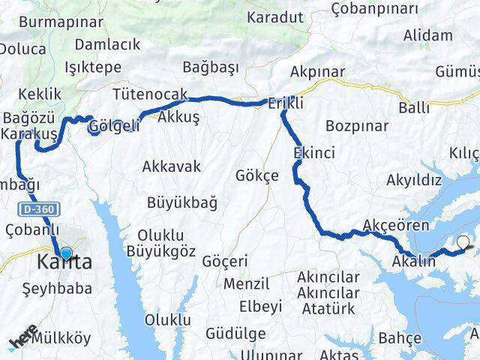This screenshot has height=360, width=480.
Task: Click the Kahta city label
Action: click(65, 264)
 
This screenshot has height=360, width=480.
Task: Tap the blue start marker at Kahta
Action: click(66, 254)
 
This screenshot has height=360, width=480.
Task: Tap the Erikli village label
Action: click(286, 105)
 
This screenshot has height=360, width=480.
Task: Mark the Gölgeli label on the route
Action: click(113, 126)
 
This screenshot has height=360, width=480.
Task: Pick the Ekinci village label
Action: click(315, 152)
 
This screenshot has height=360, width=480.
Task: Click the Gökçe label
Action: click(256, 175)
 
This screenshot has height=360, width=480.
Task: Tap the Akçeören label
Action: click(395, 225)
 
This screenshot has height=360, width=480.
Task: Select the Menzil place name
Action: click(247, 284)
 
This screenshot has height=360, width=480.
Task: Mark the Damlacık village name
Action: click(107, 45)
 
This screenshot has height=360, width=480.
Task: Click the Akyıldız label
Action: click(413, 181)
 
